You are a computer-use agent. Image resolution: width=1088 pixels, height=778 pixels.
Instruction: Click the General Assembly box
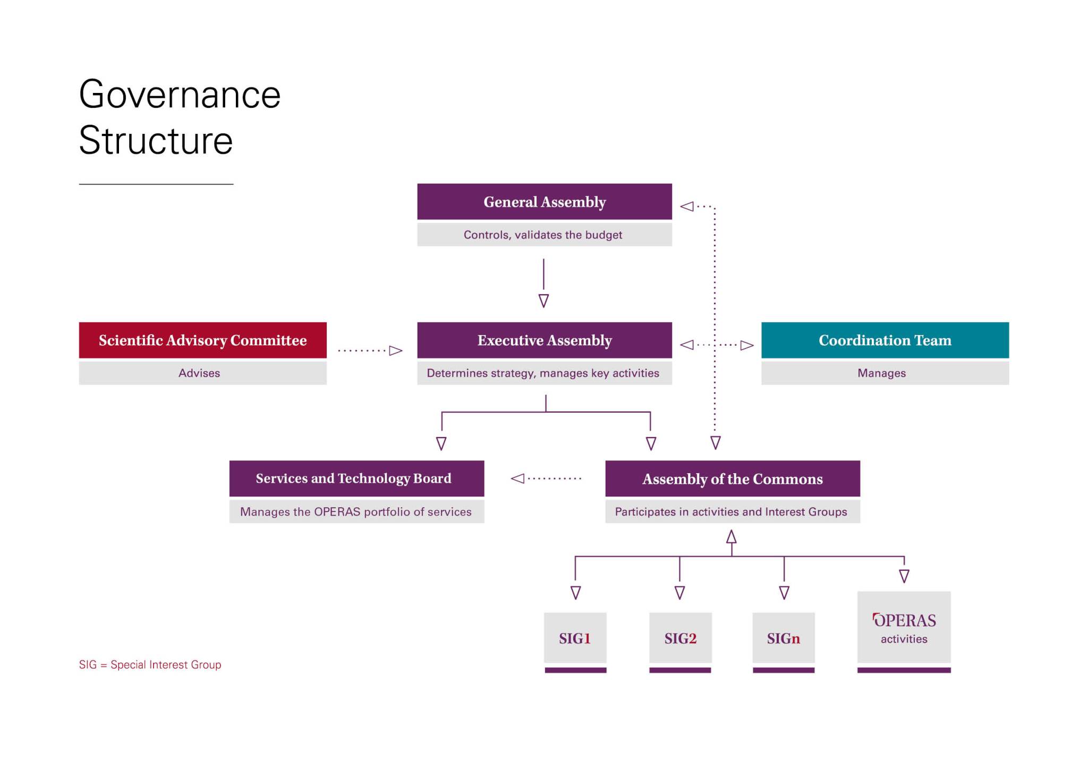[x=544, y=202]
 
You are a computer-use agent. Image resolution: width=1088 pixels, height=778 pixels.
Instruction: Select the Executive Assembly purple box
[x=544, y=340]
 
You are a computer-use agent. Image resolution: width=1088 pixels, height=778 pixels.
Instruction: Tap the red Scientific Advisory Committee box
[x=202, y=340]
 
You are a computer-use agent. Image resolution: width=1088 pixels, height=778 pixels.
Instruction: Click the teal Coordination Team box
[x=885, y=340]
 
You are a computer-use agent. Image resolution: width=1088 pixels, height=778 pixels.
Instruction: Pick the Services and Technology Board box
[x=356, y=478]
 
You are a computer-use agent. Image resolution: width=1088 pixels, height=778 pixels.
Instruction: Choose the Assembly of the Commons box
[x=732, y=478]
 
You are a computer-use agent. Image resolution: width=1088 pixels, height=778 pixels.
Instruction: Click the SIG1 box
[x=575, y=638]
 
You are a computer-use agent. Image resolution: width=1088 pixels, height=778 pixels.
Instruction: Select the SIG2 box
[x=680, y=638]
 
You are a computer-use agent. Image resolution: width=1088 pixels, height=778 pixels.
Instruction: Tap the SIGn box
[x=783, y=638]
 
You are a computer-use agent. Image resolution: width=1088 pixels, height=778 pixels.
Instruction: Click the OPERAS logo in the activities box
[x=904, y=620]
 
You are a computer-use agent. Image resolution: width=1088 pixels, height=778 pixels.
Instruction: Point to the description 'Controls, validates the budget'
[x=542, y=235]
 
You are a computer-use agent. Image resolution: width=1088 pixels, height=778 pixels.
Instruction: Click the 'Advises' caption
[x=199, y=373]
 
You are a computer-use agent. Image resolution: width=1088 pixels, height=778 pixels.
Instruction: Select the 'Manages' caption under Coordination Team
[x=881, y=373]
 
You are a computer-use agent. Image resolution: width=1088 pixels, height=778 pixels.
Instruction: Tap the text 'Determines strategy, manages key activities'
[x=542, y=373]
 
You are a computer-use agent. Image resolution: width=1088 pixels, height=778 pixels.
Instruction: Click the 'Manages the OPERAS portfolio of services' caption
[x=355, y=511]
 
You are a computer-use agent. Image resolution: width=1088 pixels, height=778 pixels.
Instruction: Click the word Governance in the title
[x=180, y=95]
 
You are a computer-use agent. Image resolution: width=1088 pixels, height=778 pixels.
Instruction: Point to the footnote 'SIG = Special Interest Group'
[x=150, y=664]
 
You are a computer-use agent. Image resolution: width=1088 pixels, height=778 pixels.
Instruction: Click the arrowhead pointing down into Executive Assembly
[x=543, y=301]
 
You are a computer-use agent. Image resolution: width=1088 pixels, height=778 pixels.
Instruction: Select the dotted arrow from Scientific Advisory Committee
[x=370, y=350]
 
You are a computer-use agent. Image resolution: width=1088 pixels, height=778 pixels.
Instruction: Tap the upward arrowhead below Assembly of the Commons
[x=732, y=537]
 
